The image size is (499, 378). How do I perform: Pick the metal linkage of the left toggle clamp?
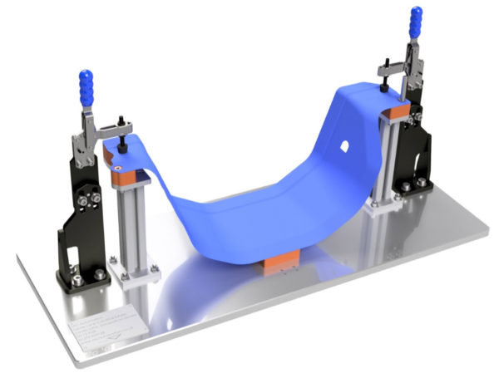coord(86,138)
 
